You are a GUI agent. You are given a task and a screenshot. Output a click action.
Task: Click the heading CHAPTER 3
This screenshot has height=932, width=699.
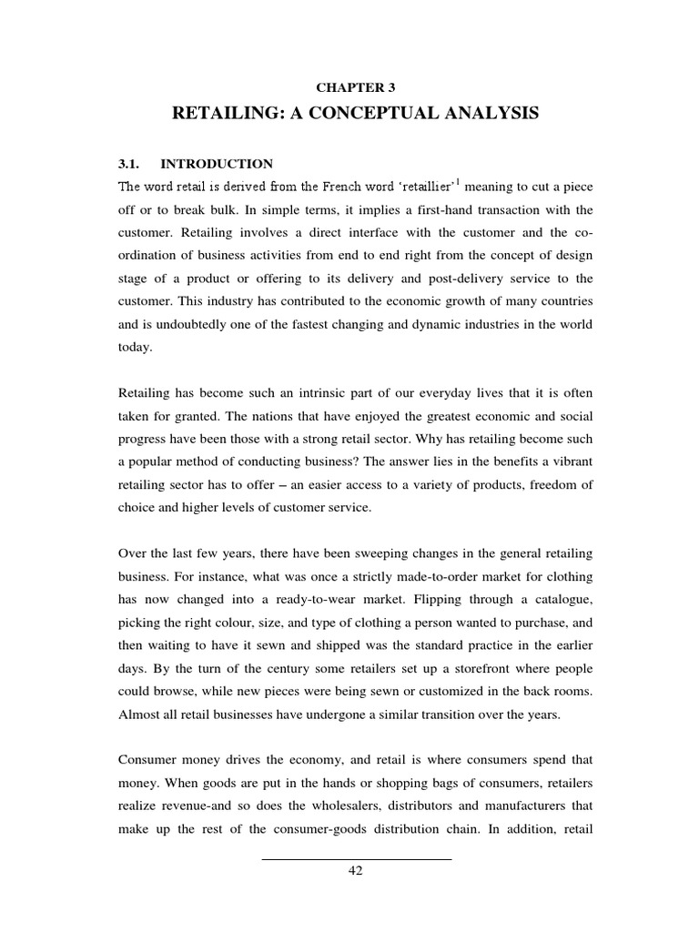point(356,86)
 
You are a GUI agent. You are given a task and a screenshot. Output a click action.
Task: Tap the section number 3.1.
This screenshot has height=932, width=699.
point(132,164)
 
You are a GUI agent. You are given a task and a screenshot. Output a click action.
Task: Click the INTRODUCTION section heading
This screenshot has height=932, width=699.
point(217,164)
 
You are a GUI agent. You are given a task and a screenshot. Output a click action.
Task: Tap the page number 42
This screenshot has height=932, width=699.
point(356,871)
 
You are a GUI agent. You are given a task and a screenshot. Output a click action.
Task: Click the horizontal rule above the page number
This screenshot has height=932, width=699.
point(356,858)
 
